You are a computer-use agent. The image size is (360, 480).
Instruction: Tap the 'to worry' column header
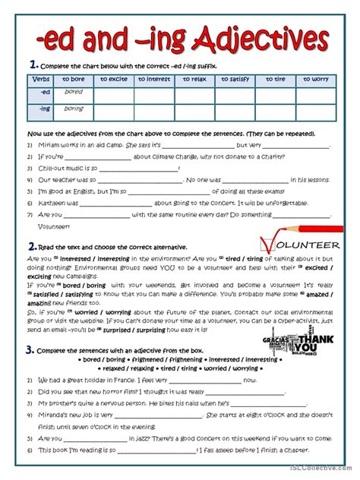[x=314, y=79]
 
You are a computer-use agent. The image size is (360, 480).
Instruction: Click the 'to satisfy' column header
[x=235, y=79]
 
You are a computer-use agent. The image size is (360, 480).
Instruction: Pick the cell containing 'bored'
[x=74, y=92]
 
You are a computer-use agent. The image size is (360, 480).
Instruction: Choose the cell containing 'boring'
[x=74, y=109]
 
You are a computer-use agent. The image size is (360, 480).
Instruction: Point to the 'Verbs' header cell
[x=42, y=79]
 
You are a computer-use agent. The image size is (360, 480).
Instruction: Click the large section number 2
[x=32, y=246]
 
